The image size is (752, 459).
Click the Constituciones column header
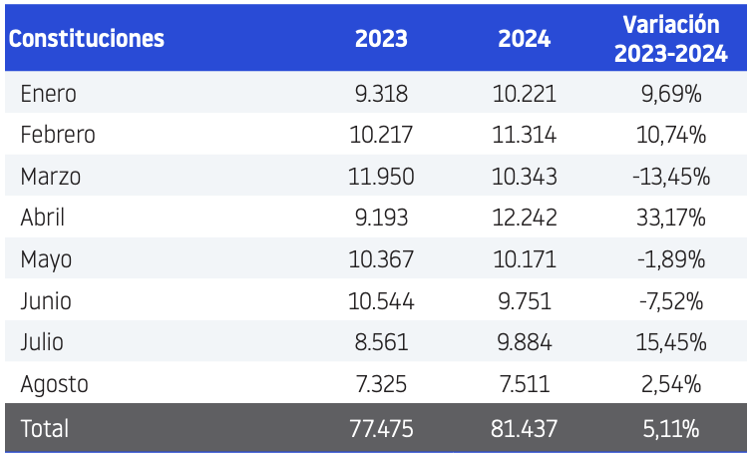point(87,39)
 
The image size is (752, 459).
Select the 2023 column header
point(381,39)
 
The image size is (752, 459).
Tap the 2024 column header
point(525,39)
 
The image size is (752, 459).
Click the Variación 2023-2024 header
point(671,39)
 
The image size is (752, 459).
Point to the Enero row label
point(49,94)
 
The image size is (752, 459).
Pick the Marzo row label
point(50,177)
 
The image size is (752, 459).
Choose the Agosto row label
point(54,384)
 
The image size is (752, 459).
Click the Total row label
point(45,428)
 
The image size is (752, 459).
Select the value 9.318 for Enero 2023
point(381,94)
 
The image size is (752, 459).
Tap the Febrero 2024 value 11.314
point(525,135)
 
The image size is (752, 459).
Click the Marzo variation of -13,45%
point(671,177)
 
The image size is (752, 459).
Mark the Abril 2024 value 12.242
point(525,218)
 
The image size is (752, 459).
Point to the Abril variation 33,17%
point(671,218)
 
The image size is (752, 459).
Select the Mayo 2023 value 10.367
point(381,259)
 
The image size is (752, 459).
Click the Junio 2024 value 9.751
point(525,301)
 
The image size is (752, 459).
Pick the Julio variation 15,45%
point(671,342)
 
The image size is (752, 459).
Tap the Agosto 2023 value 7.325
point(381,384)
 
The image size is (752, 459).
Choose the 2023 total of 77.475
point(381,428)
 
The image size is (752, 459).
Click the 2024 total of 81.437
point(525,428)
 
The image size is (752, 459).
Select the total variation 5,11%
point(671,428)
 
